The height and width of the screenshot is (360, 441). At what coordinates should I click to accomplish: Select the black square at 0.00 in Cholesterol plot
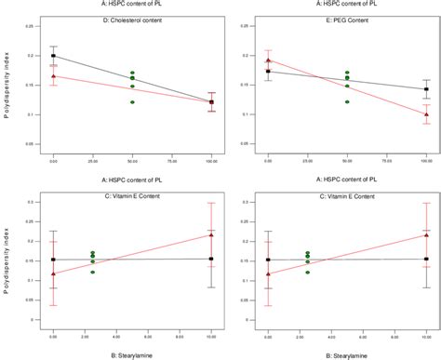(53, 56)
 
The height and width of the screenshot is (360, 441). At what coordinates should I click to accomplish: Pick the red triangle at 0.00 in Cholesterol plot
(53, 76)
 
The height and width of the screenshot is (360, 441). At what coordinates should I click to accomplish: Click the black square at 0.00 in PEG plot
(269, 71)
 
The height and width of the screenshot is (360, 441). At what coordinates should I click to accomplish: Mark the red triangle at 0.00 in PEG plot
(269, 60)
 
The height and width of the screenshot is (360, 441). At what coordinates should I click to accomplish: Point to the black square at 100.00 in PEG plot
(427, 89)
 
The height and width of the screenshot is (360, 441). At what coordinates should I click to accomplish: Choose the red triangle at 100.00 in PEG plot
(427, 113)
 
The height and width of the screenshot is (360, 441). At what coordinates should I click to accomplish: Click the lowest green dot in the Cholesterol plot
(132, 101)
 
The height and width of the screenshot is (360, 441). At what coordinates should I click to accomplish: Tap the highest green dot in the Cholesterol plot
(132, 73)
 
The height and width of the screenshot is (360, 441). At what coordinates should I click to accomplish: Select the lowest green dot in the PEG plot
(348, 101)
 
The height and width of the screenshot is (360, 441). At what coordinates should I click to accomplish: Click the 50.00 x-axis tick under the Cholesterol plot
(132, 161)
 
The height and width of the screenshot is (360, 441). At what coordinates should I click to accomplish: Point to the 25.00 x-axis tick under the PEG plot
(308, 161)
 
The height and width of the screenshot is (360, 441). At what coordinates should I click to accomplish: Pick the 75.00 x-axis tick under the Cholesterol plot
(172, 161)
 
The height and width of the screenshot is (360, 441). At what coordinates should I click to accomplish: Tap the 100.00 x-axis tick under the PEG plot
(426, 161)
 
